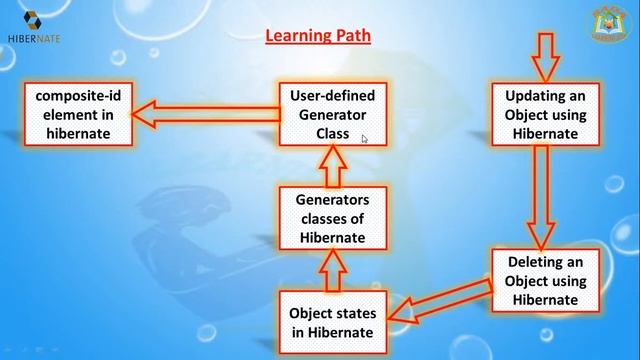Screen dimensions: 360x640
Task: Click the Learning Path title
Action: [318, 36]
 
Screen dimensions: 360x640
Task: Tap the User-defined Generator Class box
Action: [331, 114]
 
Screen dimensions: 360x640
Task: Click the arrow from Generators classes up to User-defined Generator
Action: [331, 166]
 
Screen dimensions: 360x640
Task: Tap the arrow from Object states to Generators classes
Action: [331, 268]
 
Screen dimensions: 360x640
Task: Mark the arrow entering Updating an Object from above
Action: [545, 57]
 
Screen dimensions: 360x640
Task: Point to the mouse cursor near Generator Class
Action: [365, 139]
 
